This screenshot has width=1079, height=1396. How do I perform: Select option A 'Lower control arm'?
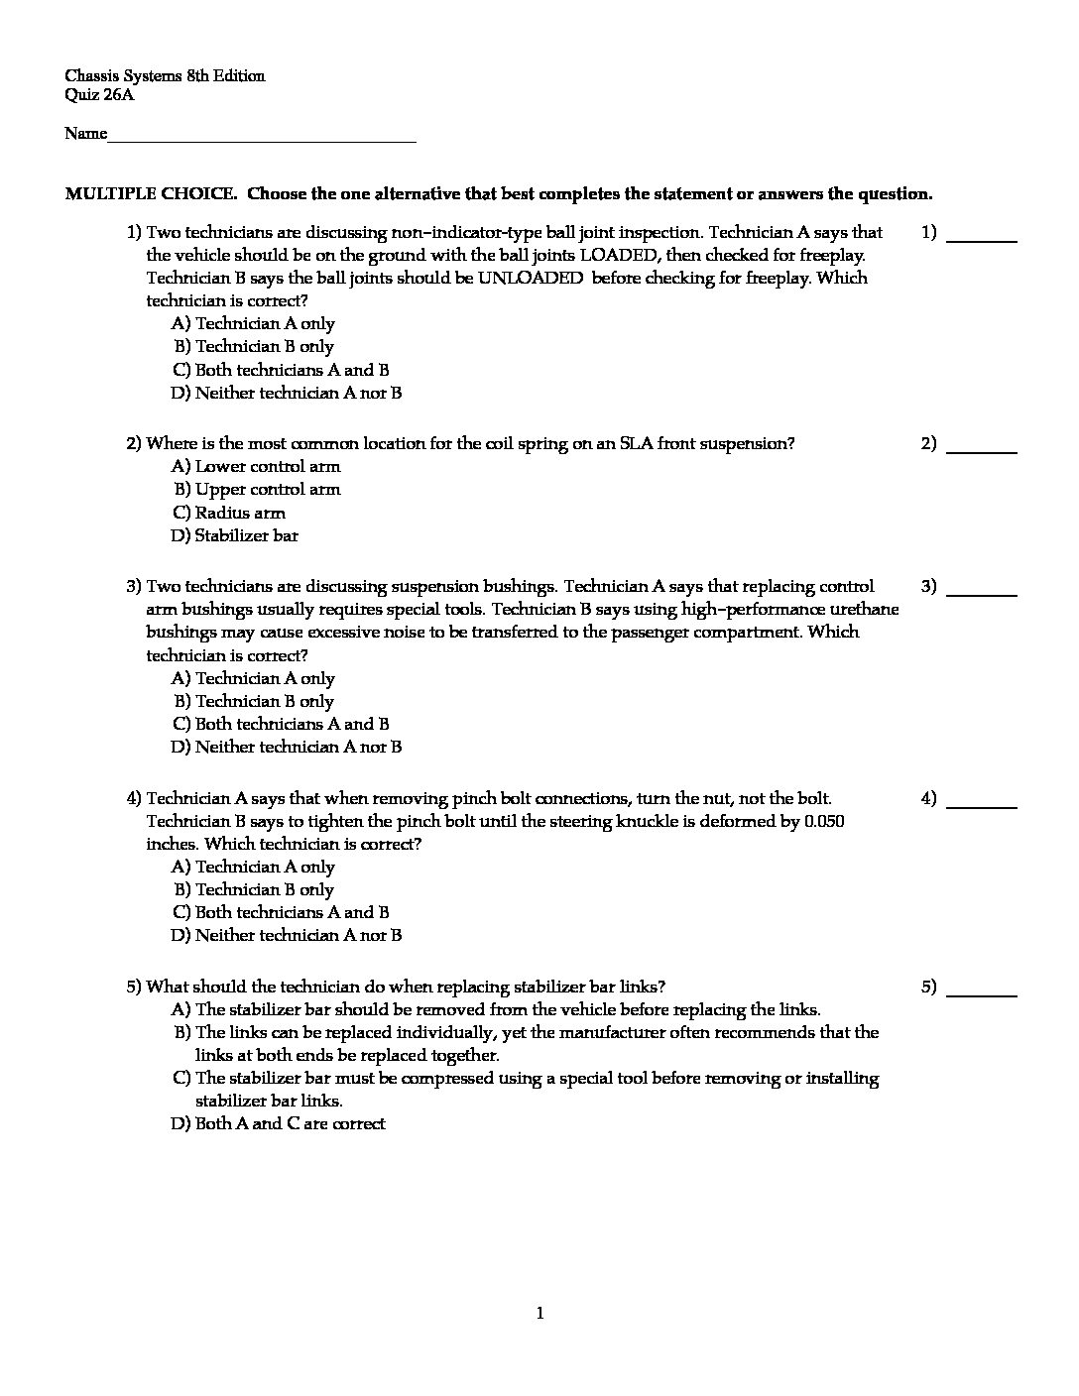(256, 466)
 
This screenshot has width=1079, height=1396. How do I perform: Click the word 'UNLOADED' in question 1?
(531, 279)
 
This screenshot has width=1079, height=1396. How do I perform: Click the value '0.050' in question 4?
(824, 822)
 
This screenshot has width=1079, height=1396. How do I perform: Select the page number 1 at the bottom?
(539, 1315)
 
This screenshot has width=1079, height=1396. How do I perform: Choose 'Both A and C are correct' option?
(279, 1123)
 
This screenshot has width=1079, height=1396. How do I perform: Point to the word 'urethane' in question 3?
(864, 609)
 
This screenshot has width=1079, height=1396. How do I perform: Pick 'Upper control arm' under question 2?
(257, 489)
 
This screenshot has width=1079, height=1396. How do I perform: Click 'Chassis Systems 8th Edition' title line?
(165, 76)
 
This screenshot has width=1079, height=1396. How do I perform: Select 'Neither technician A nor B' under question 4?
(287, 935)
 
